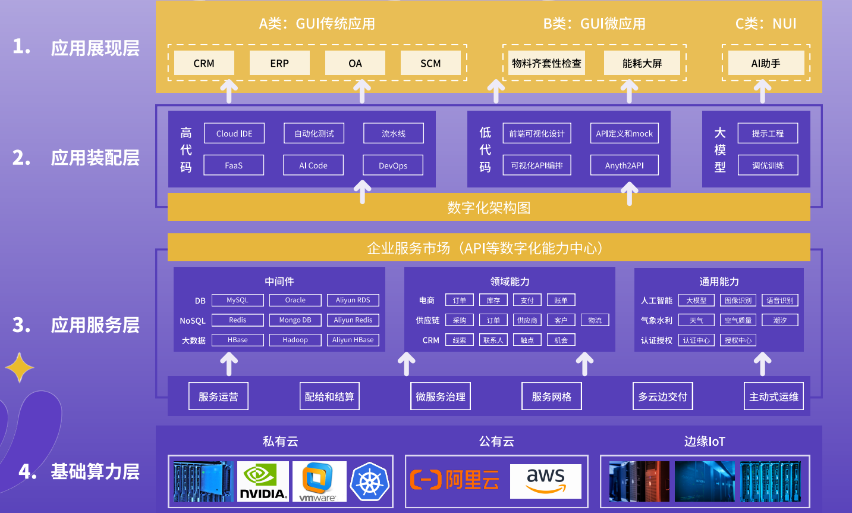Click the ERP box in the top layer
tap(279, 63)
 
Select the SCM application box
tap(430, 63)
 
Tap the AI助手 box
tap(765, 63)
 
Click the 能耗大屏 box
tap(642, 63)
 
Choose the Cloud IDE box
tap(234, 133)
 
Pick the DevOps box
tap(393, 165)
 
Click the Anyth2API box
tap(624, 165)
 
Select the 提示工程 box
tap(768, 133)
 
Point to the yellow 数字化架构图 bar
tap(489, 208)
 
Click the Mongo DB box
tap(295, 320)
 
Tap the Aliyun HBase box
tap(353, 340)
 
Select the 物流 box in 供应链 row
tap(595, 320)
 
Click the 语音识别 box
tap(779, 301)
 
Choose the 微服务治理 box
tap(441, 396)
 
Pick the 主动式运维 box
tap(774, 396)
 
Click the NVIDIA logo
tap(263, 481)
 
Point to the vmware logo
tap(319, 481)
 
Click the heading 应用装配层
tap(95, 158)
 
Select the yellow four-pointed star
tap(20, 367)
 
